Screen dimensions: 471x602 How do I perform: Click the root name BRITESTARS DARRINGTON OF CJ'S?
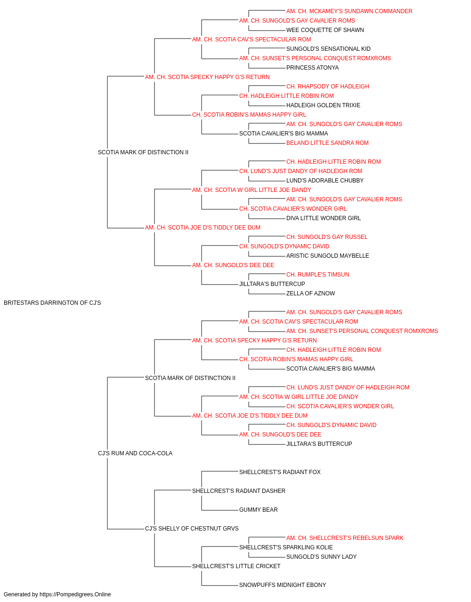52,303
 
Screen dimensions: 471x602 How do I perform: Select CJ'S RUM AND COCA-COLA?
135,453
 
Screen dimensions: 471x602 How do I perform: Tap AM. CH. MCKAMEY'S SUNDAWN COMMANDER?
349,11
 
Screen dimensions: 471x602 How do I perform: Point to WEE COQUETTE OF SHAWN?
325,30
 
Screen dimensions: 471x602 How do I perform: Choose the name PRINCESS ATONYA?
312,68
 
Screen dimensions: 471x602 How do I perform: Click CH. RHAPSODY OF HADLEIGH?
328,87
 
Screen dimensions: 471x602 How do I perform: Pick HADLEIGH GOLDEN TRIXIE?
323,105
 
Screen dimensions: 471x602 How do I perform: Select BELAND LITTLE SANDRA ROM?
327,143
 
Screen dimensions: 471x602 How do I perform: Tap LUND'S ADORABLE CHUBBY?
325,181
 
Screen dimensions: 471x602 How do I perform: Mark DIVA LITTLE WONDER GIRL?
324,218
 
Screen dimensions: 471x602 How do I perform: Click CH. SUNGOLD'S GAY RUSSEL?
327,237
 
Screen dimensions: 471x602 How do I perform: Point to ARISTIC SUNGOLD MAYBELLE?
328,256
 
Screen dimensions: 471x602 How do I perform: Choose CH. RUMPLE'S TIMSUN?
317,275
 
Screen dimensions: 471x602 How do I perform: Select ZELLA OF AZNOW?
311,293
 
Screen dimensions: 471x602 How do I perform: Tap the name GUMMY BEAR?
258,510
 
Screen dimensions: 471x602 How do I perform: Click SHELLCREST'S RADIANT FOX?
280,472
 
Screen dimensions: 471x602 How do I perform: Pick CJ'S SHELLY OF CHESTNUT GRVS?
192,529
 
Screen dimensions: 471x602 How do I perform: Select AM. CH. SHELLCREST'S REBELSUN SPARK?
345,538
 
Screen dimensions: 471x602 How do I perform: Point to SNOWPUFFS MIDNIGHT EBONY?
283,585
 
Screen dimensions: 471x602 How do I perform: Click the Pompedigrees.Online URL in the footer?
75,594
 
